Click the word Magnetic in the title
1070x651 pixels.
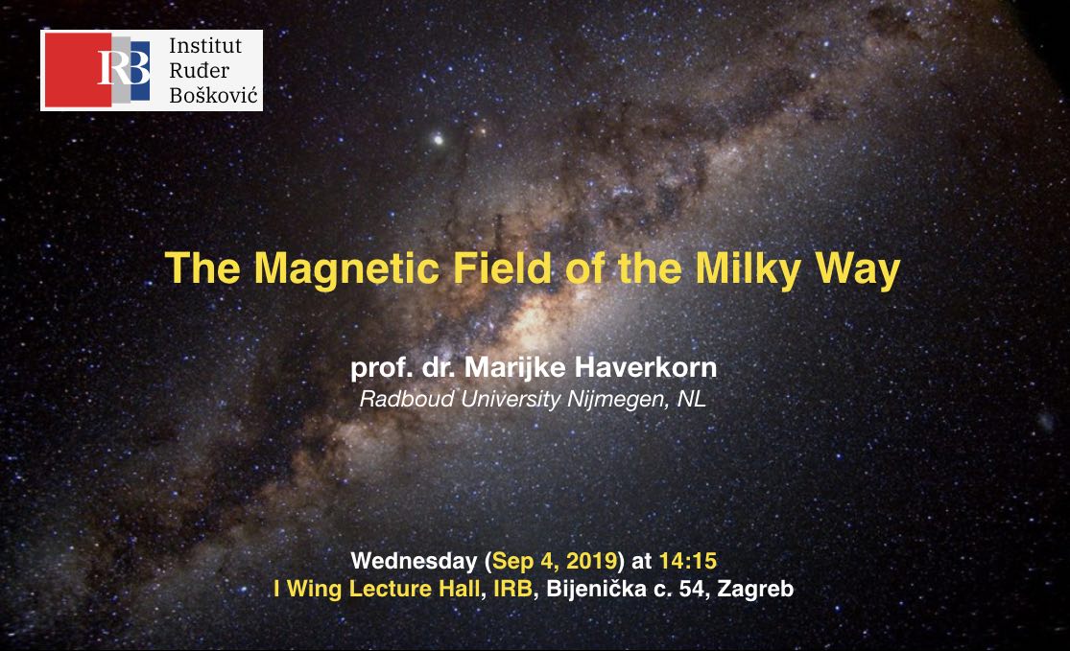[346, 268]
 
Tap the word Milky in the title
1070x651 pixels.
[749, 268]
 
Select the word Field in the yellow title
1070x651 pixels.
[502, 267]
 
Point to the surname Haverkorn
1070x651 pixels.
[646, 367]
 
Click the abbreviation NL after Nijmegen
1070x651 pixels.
[691, 399]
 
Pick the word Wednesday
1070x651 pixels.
[414, 560]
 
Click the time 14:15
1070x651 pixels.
[688, 560]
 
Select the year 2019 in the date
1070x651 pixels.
[592, 560]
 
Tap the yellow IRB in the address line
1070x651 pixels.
[512, 589]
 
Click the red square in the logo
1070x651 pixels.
[78, 70]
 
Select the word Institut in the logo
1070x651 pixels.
[205, 46]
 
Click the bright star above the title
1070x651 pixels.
[439, 140]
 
